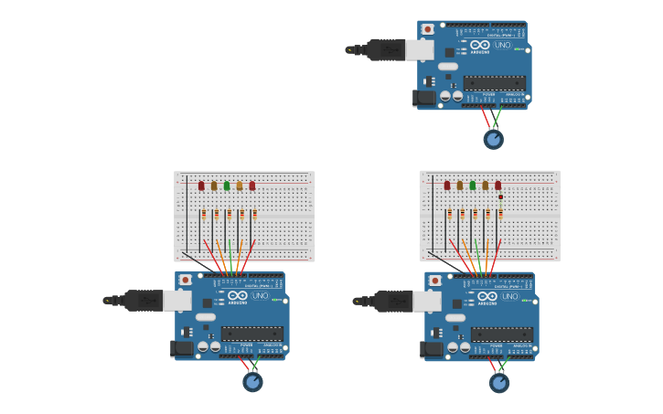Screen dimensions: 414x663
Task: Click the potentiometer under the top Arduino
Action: pos(494,140)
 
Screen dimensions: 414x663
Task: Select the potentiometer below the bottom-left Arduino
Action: pos(252,382)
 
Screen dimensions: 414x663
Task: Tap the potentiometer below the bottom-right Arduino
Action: pos(499,383)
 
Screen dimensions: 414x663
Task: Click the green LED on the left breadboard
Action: pos(227,186)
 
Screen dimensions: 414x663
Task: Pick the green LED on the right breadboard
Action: pos(473,186)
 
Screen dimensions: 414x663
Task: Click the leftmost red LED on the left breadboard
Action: pos(201,186)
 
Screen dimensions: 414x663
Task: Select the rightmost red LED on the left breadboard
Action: pos(252,186)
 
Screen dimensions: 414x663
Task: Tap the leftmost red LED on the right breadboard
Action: pos(447,186)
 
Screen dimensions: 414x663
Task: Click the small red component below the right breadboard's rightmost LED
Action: pos(501,196)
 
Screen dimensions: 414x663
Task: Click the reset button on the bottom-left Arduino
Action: pos(186,280)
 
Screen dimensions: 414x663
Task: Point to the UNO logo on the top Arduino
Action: pos(502,44)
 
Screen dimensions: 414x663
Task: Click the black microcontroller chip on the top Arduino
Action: pos(494,83)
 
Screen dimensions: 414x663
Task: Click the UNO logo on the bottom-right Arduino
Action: pos(509,296)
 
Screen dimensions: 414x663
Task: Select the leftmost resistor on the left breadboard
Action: pos(204,215)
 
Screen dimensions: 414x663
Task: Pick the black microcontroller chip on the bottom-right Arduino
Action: pos(501,334)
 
